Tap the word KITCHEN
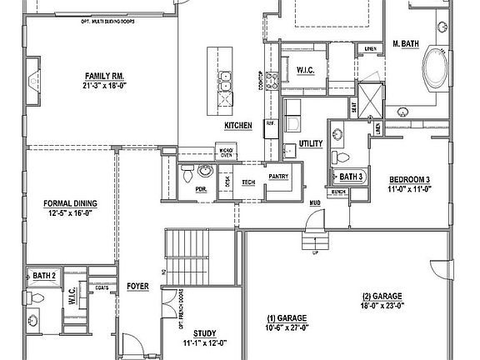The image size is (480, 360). [237, 125]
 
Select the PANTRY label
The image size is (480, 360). [277, 176]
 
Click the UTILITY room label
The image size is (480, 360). [310, 144]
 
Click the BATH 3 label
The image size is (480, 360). [350, 177]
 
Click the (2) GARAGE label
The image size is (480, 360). [383, 296]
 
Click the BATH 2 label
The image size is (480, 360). [43, 275]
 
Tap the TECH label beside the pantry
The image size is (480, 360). [248, 182]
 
